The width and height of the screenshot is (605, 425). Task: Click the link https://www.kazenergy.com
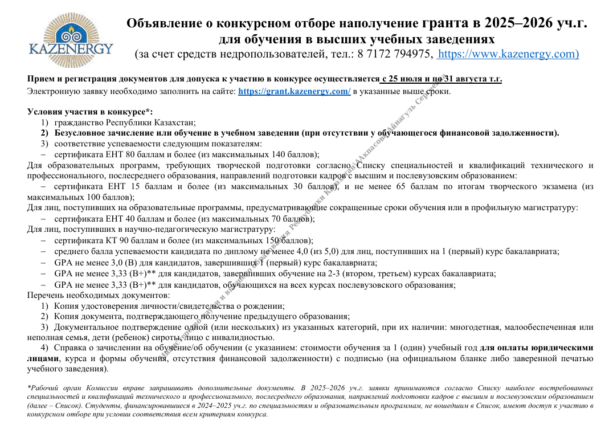508,55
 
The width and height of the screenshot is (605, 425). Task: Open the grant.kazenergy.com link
294,91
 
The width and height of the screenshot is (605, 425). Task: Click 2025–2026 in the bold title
525,23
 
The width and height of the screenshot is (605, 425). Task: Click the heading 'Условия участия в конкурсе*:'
90,112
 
